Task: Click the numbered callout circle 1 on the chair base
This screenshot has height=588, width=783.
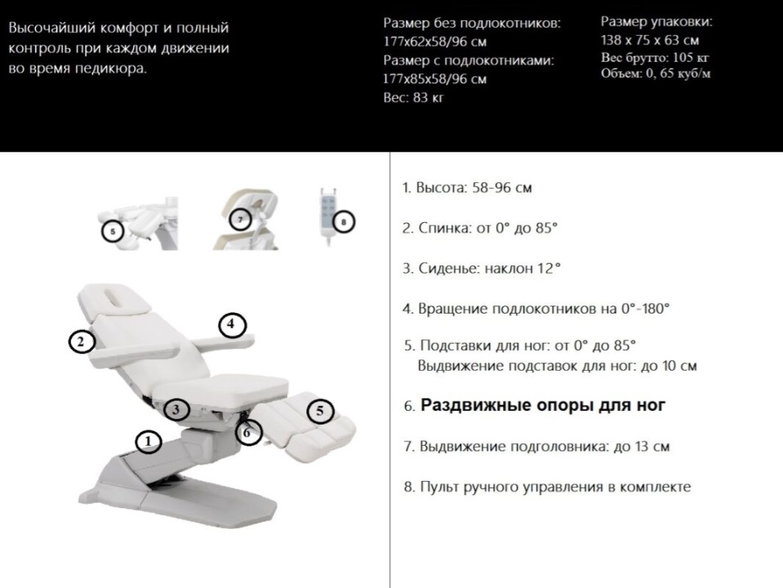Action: point(148,442)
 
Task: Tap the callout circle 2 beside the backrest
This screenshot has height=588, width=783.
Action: point(80,341)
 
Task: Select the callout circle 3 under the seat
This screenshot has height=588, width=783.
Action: point(176,409)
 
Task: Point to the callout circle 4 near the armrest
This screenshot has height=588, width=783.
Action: point(231,324)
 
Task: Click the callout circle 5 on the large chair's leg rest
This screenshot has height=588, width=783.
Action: point(319,411)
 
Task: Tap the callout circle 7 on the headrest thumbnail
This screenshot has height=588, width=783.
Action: point(239,220)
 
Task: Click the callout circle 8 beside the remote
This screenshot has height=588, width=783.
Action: point(344,220)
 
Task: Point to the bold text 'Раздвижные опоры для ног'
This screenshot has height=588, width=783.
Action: point(543,405)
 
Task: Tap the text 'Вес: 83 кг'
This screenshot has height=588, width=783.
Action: point(413,98)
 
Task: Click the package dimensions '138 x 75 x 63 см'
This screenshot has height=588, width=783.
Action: point(650,40)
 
